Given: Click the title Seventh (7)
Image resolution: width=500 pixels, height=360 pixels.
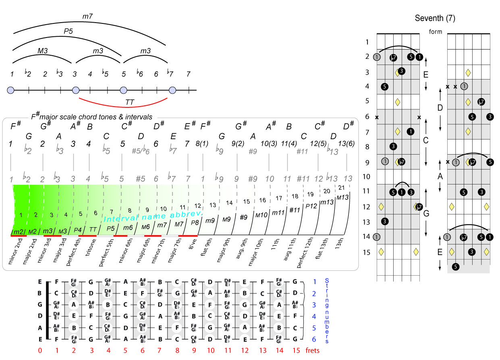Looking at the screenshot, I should [x=435, y=18].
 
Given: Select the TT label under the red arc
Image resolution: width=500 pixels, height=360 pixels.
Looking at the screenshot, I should [x=129, y=103].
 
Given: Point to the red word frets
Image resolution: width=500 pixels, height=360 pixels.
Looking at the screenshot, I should [x=313, y=350].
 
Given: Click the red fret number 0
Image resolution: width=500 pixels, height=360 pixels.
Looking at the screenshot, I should [x=40, y=350].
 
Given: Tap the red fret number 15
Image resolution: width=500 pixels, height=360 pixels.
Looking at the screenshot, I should [x=296, y=350].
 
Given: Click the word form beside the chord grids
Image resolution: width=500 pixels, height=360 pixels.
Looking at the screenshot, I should [x=436, y=32].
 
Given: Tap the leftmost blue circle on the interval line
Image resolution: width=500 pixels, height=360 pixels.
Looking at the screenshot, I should [x=11, y=90].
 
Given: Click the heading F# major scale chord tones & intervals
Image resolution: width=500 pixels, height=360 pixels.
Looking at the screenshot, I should [x=92, y=117].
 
